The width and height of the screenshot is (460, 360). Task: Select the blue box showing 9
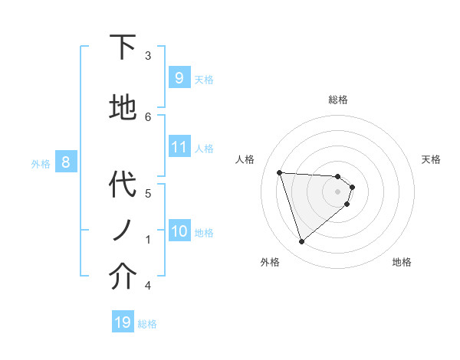point(179,77)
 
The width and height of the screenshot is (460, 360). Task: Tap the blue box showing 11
point(179,147)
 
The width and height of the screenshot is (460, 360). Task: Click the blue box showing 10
point(179,231)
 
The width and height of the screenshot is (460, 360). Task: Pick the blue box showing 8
point(66,162)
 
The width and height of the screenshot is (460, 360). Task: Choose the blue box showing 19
point(123,322)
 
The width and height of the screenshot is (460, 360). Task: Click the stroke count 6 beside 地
point(148,116)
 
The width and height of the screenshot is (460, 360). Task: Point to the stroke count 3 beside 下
point(148,56)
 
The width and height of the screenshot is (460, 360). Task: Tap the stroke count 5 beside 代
point(148,193)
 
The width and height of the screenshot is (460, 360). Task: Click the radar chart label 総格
point(337,100)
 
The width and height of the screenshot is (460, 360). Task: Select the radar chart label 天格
point(431,159)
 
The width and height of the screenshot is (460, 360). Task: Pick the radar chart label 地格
point(402,262)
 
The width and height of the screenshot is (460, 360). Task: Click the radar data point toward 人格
point(279,172)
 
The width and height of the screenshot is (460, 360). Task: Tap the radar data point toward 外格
point(301,242)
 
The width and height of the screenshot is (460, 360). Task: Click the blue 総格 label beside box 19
point(147,324)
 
